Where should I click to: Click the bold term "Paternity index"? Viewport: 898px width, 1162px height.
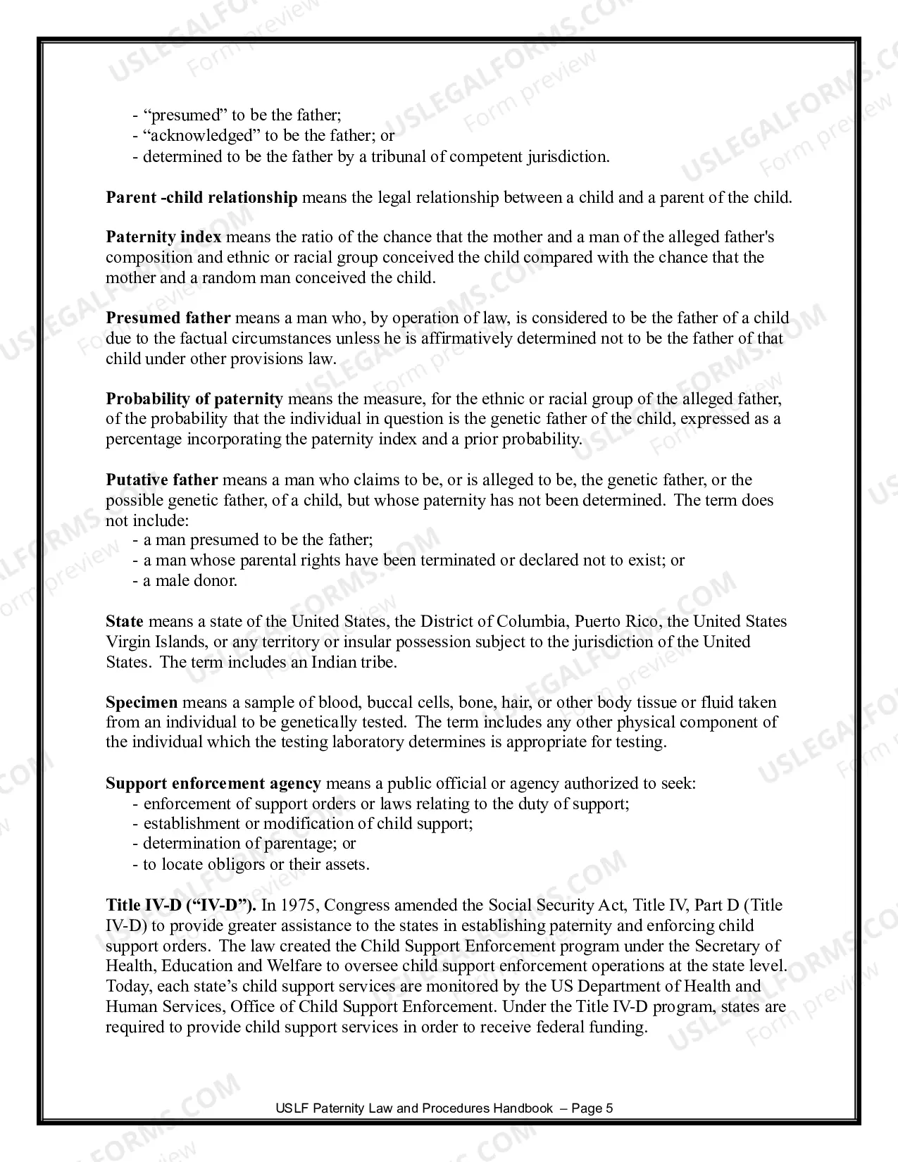[x=163, y=237]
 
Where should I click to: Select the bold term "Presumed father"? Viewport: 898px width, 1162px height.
[x=168, y=318]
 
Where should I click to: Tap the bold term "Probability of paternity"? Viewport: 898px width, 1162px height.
[x=194, y=399]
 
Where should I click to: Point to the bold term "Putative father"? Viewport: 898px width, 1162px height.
[x=161, y=480]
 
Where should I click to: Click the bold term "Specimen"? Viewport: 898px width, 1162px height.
[x=142, y=703]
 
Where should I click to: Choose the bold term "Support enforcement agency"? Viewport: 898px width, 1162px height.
[x=213, y=784]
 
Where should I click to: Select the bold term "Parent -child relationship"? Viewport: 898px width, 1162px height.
[x=201, y=197]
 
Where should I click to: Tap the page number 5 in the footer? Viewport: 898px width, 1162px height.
[x=609, y=1108]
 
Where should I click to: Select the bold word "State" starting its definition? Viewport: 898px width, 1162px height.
[x=125, y=622]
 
